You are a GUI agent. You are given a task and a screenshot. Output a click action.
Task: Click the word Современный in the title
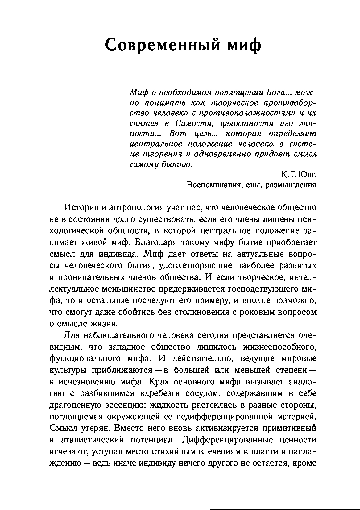tap(162, 45)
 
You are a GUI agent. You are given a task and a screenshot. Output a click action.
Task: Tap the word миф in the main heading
tap(244, 45)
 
